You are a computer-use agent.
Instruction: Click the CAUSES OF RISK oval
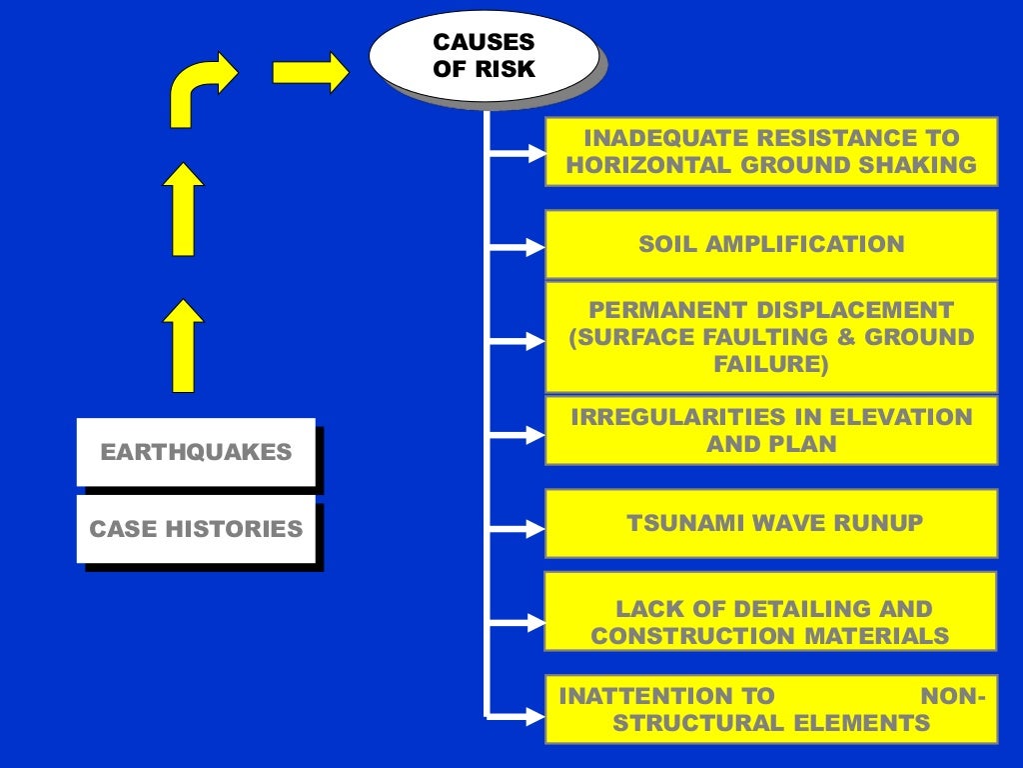coord(484,56)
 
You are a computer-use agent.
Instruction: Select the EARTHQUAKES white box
coord(196,452)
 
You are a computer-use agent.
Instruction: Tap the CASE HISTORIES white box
coord(196,529)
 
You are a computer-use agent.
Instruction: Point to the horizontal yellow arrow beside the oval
coord(311,72)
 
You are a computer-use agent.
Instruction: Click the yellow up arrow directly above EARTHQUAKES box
coord(183,344)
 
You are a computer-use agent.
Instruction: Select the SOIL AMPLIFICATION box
coord(771,244)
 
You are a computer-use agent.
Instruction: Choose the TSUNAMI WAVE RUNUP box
coord(771,523)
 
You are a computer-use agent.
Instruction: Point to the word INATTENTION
coord(666,696)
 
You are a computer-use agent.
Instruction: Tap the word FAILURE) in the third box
coord(771,364)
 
